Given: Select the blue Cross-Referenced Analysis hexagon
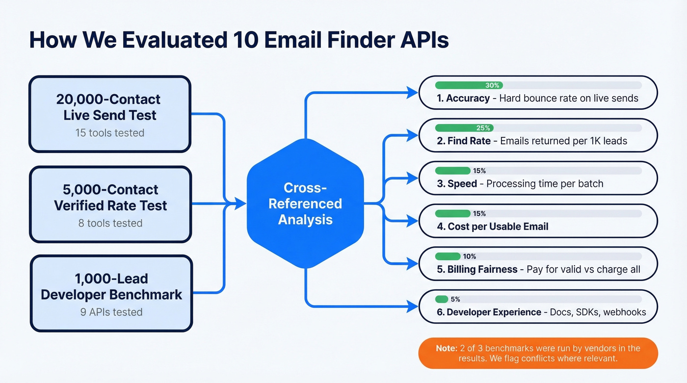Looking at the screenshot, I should click(x=305, y=203).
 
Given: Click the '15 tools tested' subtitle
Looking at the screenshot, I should click(x=110, y=133).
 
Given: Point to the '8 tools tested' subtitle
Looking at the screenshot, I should click(x=110, y=223).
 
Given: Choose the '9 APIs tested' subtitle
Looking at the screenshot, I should click(x=111, y=312).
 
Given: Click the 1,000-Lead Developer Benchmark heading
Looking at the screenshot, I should click(x=111, y=286).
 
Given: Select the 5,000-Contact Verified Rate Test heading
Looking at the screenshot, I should click(x=110, y=197).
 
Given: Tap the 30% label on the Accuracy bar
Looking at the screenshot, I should click(x=492, y=85).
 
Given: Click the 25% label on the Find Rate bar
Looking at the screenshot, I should click(x=483, y=128).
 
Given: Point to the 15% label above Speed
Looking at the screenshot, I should click(x=479, y=171).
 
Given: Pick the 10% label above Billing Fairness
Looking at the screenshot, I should click(x=469, y=256).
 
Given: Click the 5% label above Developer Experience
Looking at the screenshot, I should click(x=455, y=299).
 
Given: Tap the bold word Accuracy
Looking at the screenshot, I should click(x=468, y=98).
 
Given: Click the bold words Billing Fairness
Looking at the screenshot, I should click(x=482, y=269).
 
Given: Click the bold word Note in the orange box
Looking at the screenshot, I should click(x=446, y=348).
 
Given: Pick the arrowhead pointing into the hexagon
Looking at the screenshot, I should click(x=240, y=203).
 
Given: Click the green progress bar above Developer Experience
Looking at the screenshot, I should click(x=442, y=299).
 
